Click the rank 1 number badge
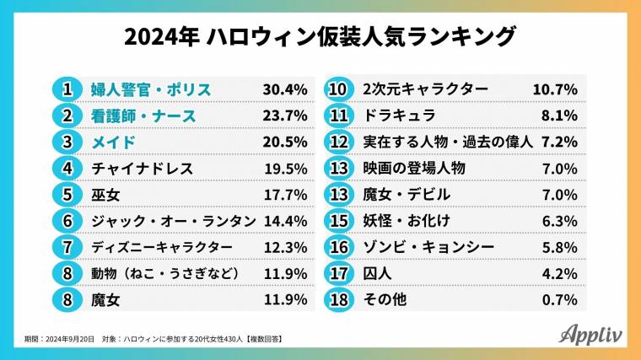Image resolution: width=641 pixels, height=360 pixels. [x=66, y=89]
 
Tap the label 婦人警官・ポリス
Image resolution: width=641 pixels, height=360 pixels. [x=150, y=89]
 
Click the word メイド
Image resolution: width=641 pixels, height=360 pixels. [x=113, y=142]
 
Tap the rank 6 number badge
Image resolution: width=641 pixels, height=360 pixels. [x=66, y=221]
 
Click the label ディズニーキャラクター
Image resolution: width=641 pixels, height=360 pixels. [x=162, y=247]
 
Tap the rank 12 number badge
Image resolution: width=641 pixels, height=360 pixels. [x=338, y=142]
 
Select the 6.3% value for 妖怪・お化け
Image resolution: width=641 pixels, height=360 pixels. [x=559, y=221]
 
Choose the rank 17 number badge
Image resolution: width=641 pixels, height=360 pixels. [x=338, y=273]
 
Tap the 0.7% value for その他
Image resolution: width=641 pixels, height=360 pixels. [x=559, y=299]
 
